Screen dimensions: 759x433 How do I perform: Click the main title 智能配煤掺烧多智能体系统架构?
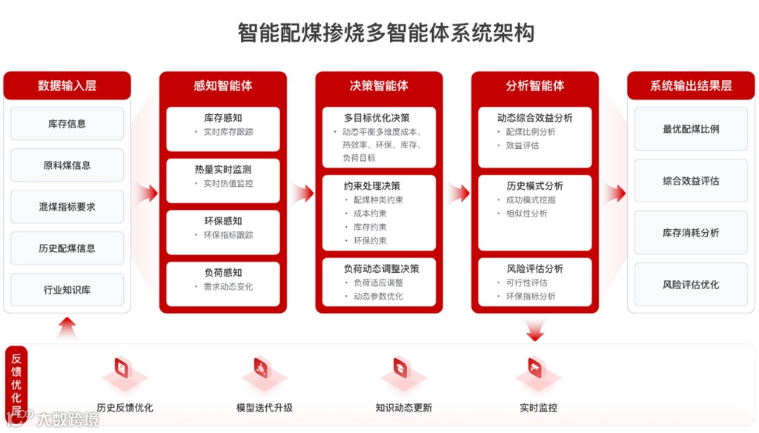[x=385, y=33]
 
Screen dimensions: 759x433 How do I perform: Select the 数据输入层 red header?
[x=67, y=85]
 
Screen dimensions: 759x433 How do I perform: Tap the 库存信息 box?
[x=67, y=124]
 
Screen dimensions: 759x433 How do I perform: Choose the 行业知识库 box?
[x=67, y=290]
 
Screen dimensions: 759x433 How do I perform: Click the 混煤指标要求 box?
[x=67, y=207]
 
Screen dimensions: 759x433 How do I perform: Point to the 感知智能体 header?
[x=223, y=85]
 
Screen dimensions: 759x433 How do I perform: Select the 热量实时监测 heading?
[x=223, y=170]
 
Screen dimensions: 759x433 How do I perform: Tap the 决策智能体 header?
[x=379, y=85]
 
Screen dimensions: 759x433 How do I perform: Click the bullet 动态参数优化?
[x=378, y=297]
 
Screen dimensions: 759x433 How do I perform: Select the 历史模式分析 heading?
[x=535, y=186]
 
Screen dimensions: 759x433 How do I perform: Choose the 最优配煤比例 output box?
[x=691, y=129]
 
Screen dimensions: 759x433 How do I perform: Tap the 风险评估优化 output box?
[x=691, y=285]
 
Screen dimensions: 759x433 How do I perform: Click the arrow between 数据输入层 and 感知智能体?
[x=147, y=194]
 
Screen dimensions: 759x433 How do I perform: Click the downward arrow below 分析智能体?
[x=535, y=331]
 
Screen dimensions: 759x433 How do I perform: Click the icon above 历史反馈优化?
[x=122, y=368]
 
